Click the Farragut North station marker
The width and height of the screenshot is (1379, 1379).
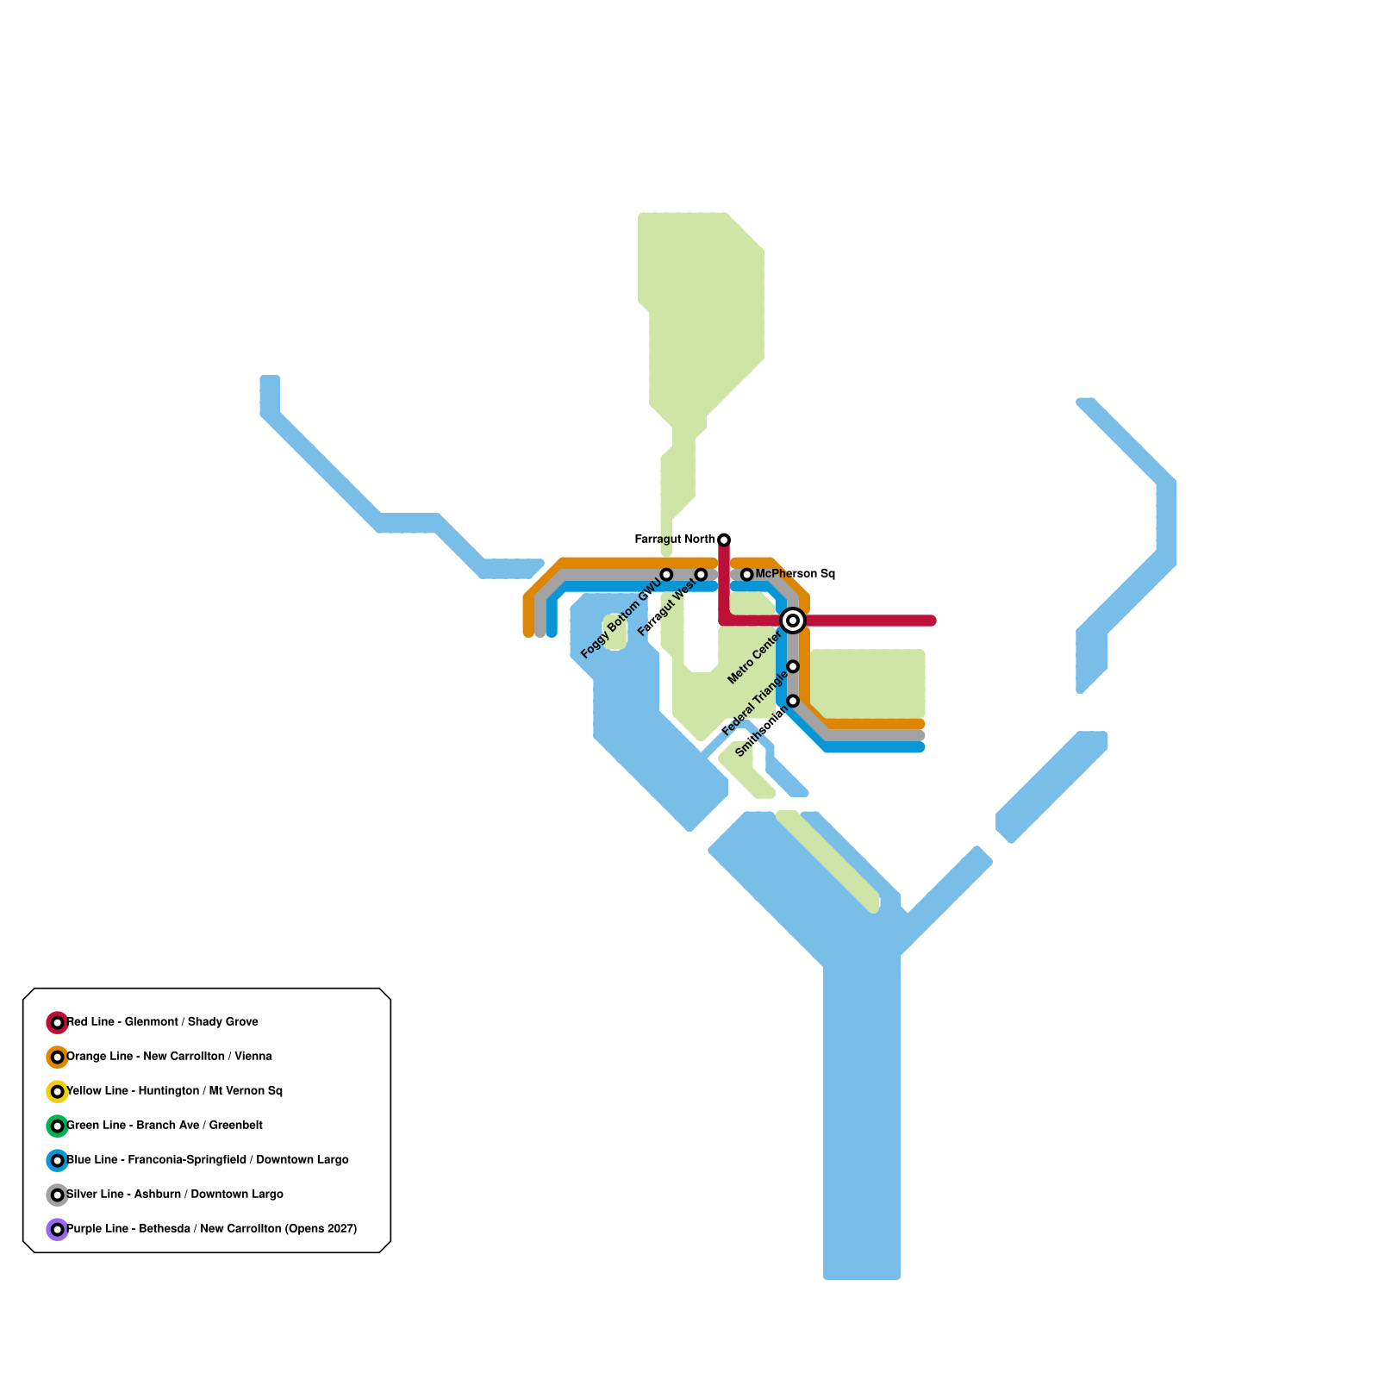click(724, 540)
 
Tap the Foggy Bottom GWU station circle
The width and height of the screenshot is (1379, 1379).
click(666, 575)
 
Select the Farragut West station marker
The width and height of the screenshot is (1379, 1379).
click(701, 575)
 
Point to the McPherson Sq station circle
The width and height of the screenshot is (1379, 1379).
click(747, 575)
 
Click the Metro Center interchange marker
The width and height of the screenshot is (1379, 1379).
click(793, 621)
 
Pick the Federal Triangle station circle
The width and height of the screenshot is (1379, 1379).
click(793, 667)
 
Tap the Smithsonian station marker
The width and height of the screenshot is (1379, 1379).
click(793, 702)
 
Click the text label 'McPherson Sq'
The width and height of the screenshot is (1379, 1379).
click(795, 574)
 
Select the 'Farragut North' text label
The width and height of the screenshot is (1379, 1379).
click(675, 540)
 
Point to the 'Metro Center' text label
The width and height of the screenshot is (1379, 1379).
click(754, 658)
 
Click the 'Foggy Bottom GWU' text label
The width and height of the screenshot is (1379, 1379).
click(621, 617)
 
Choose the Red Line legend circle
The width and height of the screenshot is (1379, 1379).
click(57, 1023)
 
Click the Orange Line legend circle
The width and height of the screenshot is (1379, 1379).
click(57, 1058)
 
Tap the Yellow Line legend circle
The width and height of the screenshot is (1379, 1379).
click(57, 1092)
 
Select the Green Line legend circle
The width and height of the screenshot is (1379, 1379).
click(57, 1126)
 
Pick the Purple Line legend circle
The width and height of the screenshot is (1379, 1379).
click(57, 1230)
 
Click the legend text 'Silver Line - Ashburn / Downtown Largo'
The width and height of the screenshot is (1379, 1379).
click(175, 1195)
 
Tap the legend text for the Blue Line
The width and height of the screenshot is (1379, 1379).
click(208, 1160)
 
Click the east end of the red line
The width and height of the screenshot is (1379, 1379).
click(931, 621)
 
